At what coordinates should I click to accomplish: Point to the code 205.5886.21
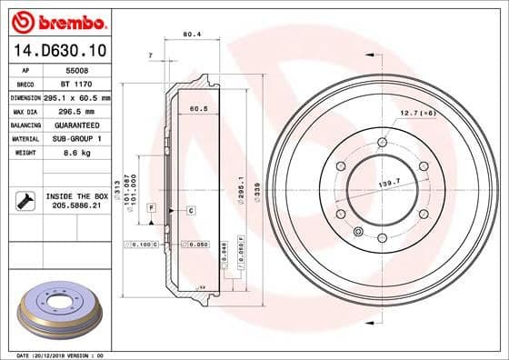(x=76, y=206)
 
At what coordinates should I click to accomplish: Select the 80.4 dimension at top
(x=191, y=35)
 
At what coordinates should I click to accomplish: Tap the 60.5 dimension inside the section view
(x=197, y=109)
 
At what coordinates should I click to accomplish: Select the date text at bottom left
(x=55, y=354)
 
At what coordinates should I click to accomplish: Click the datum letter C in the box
(x=192, y=210)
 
